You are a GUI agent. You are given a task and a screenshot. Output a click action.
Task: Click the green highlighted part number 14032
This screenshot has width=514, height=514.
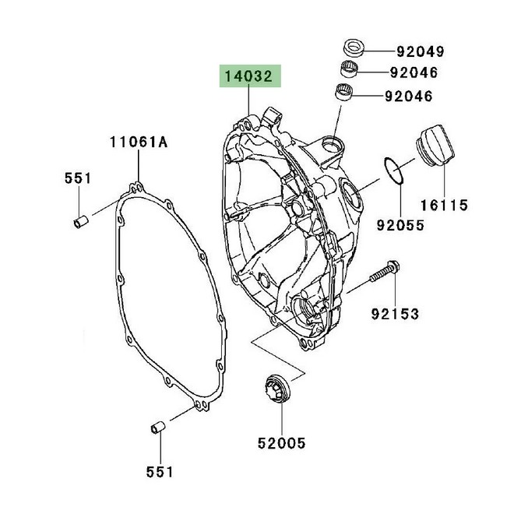[249, 78]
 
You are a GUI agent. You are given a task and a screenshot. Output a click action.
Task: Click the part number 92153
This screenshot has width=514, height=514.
[394, 314]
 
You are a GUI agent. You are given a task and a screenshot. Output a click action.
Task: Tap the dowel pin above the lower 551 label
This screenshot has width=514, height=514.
[157, 429]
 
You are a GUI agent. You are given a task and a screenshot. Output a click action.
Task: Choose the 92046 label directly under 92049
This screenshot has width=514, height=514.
[415, 73]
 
